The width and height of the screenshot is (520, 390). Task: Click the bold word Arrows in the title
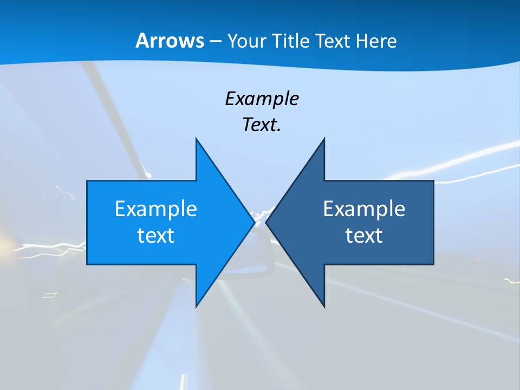coord(170,41)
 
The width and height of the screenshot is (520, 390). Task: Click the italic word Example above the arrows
coord(262,99)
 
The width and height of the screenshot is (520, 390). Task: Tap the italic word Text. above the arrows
coord(262,125)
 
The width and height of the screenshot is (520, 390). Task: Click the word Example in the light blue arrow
coord(156,209)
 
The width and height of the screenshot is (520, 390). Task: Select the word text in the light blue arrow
coord(156,236)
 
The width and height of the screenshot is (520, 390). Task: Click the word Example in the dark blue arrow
coord(364,209)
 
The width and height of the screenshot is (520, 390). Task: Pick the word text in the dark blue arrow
coord(364,236)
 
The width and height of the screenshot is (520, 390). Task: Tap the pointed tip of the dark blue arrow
coord(266,222)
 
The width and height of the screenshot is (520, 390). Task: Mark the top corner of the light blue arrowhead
coord(196,139)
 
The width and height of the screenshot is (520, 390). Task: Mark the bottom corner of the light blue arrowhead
coord(196,306)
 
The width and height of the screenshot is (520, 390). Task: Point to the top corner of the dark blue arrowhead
coord(324,139)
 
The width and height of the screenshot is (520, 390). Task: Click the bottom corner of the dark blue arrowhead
coord(324,306)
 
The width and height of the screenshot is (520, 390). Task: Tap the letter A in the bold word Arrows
coord(142,41)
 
